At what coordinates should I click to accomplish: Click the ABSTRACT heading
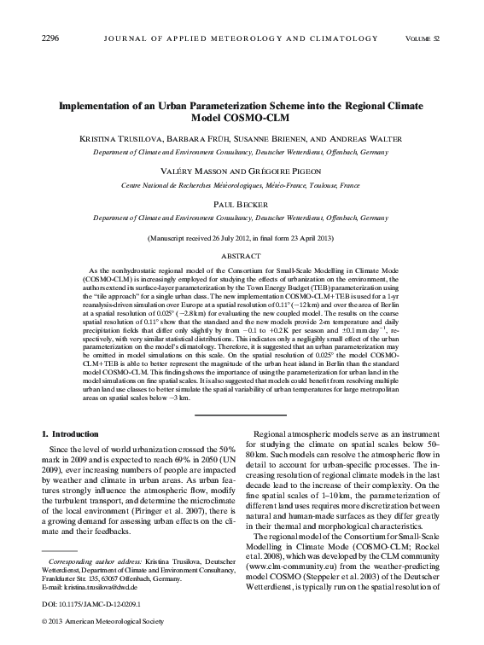[242, 254]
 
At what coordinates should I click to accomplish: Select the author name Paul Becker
[242, 206]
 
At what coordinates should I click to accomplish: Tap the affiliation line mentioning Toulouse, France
[242, 183]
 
